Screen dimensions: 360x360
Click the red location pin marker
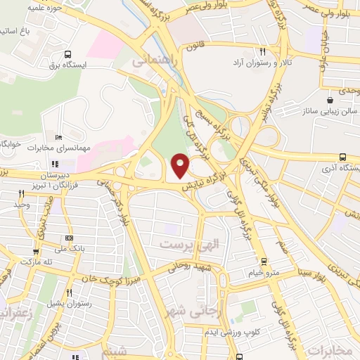(181, 165)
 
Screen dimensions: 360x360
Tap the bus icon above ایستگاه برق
(67, 54)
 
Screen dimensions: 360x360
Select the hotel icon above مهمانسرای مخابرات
(58, 138)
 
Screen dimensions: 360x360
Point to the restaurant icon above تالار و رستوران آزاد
(263, 51)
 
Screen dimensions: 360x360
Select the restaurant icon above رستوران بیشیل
(69, 292)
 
